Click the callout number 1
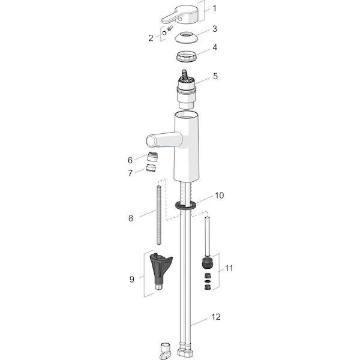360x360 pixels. coord(215,8)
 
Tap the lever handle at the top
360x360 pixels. coord(180,14)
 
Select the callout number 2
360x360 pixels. coord(151,38)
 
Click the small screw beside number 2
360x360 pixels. coord(170,28)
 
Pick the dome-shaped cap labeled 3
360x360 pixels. coord(186,37)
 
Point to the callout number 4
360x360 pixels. coord(215,47)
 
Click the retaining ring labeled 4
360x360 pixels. coord(187,56)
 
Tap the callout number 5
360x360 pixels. coord(215,76)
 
